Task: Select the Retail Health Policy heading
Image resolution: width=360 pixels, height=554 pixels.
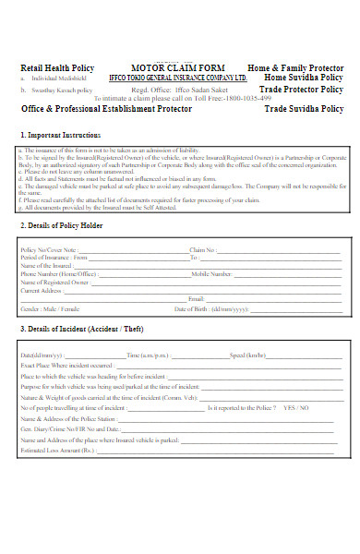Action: pos(57,67)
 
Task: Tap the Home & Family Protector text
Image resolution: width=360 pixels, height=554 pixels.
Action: pos(295,67)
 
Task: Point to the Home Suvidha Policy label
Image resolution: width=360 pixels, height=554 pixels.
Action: pos(303,78)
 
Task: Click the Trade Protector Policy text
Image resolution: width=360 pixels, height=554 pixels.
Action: pos(302,90)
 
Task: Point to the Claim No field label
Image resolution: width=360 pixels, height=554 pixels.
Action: pos(203,249)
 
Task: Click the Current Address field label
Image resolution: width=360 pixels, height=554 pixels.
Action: pos(42,290)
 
